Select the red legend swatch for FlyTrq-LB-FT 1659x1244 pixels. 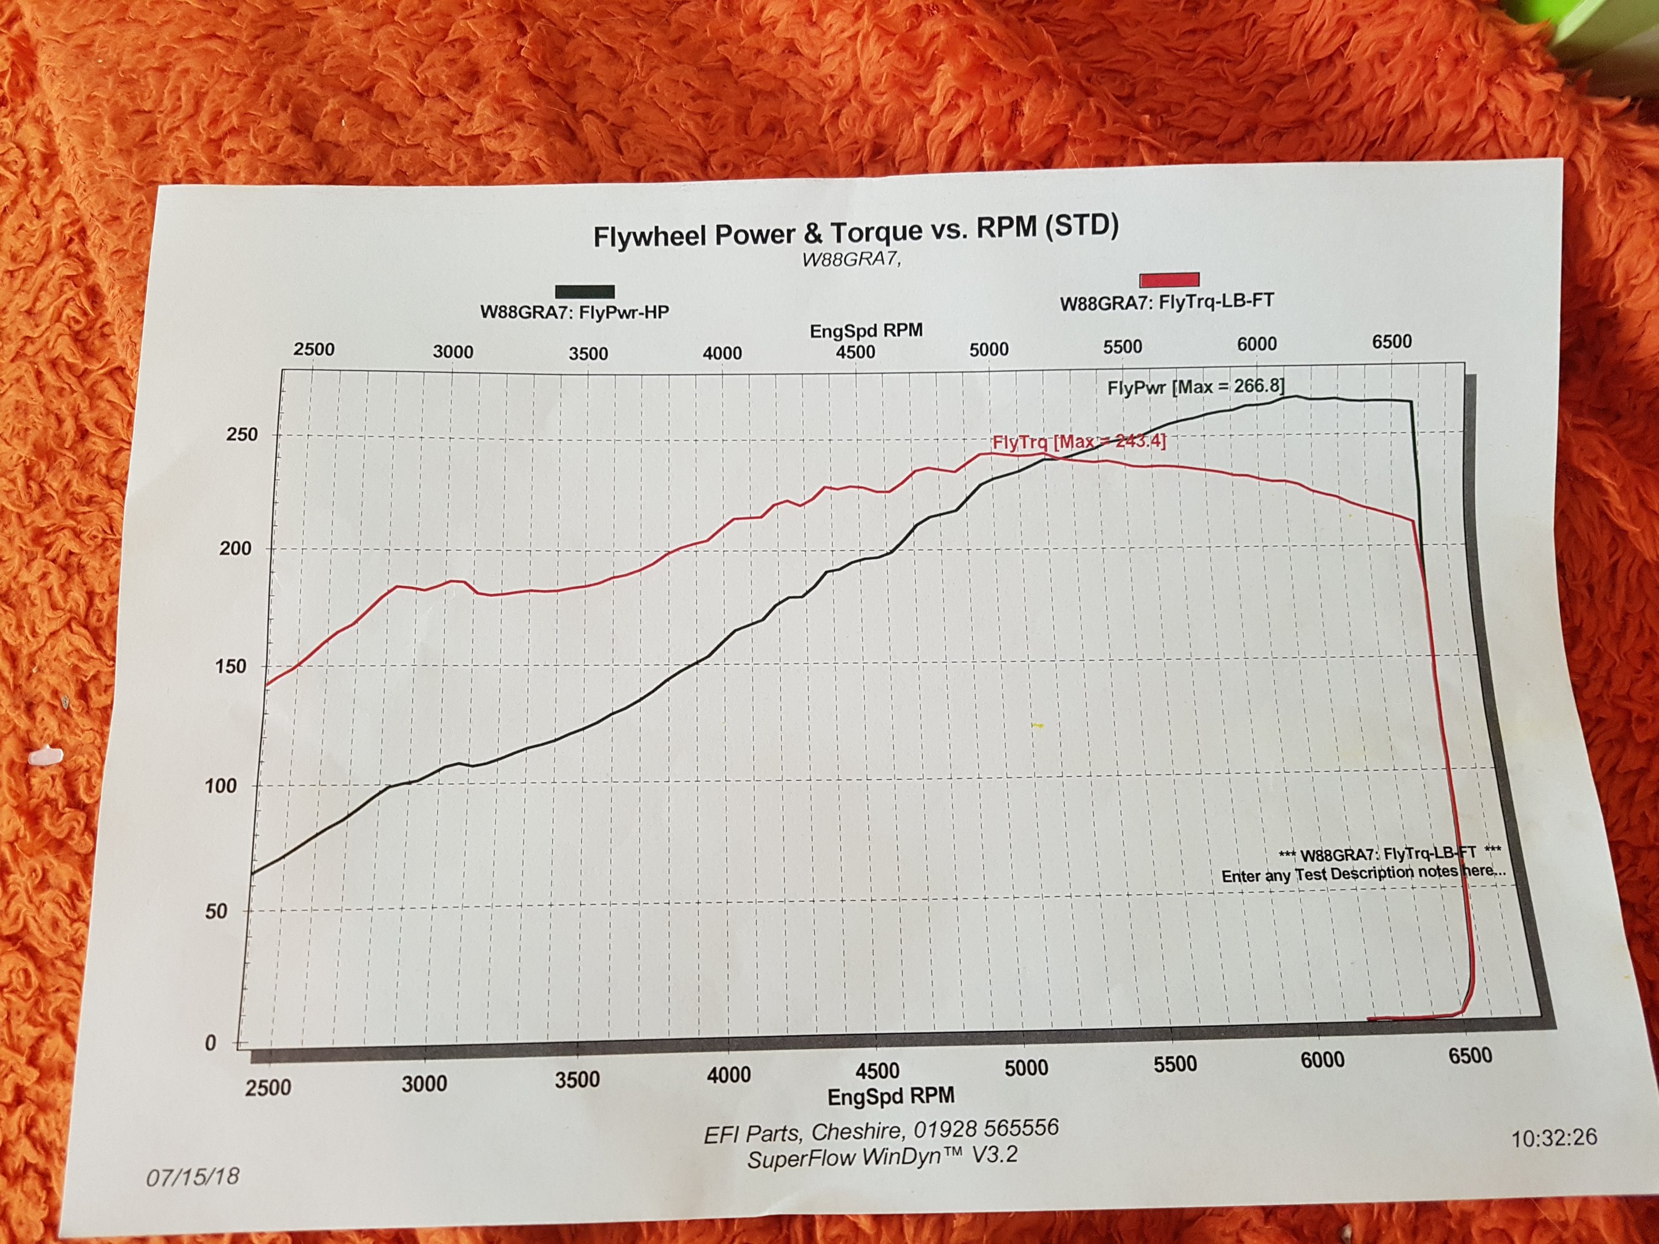(1169, 280)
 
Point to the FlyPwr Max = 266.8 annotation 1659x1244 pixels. (1195, 387)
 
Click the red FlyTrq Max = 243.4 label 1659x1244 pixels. (1078, 442)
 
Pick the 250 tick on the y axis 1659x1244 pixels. (241, 434)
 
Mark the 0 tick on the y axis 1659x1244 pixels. (211, 1043)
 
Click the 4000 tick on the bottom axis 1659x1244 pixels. (728, 1075)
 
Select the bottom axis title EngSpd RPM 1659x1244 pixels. (891, 1097)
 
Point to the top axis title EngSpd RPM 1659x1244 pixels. (866, 330)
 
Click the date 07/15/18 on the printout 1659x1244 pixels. (193, 1176)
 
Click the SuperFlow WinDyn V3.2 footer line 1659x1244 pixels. (882, 1157)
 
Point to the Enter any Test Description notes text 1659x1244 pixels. (1363, 874)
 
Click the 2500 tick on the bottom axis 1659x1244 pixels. (268, 1087)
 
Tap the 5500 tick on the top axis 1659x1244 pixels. (1122, 347)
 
